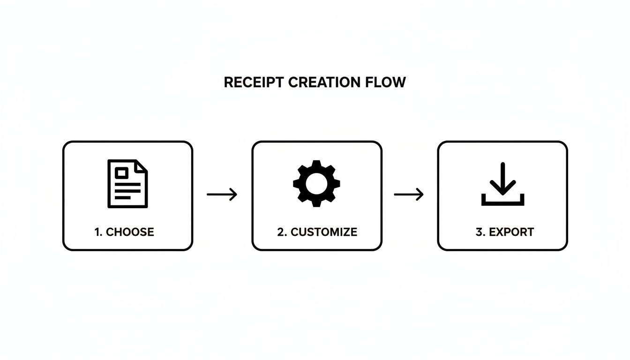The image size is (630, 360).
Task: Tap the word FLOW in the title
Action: (385, 82)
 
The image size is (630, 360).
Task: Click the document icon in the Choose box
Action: (127, 183)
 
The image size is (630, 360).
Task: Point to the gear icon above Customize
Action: (316, 183)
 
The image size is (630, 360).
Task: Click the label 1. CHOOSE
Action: (124, 232)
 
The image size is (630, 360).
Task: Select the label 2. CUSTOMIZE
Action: (317, 232)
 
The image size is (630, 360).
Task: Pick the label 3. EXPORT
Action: (504, 232)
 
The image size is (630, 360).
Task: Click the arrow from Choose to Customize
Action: (222, 194)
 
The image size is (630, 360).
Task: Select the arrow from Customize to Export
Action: (409, 194)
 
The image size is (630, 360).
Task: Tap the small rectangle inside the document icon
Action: (121, 173)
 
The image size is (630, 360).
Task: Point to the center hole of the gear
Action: (316, 183)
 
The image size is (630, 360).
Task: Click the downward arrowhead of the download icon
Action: (502, 190)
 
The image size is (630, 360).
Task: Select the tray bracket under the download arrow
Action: (502, 203)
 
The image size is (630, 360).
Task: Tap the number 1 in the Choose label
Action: (97, 232)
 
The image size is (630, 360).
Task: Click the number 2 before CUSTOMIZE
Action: (281, 232)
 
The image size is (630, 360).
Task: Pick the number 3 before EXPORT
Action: (479, 232)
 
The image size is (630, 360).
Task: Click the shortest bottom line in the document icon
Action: (122, 198)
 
